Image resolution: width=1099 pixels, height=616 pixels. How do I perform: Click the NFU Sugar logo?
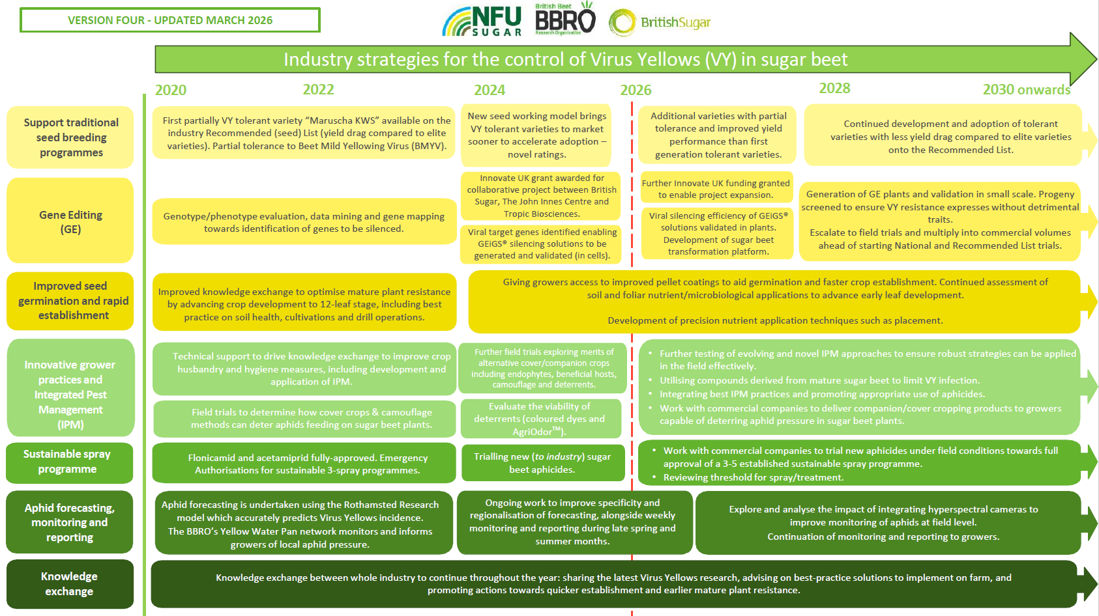point(482,21)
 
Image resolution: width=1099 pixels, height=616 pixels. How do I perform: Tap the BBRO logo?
point(564,20)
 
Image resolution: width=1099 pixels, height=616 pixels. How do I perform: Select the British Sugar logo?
point(660,23)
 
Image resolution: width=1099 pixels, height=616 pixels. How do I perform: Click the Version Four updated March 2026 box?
point(170,20)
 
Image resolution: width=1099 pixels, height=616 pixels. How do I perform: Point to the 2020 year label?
point(171,90)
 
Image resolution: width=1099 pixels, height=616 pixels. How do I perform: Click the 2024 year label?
point(490,90)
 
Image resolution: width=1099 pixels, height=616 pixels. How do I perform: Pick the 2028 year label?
point(834,89)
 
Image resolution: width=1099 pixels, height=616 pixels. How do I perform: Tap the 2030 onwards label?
point(1026,90)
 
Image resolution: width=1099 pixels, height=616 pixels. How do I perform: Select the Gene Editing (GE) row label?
point(70,221)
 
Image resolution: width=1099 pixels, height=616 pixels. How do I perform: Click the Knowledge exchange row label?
point(70,583)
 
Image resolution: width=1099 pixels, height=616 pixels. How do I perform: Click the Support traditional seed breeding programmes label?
point(71,137)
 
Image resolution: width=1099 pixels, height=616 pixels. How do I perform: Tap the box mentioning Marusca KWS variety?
point(306,133)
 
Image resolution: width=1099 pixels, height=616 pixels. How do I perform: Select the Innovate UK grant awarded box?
point(541,195)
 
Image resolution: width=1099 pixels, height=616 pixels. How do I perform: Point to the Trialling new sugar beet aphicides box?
point(542,462)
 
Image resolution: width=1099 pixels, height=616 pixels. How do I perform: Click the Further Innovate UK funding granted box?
point(716,189)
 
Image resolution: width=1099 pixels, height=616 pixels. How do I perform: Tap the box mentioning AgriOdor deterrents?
point(539,419)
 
